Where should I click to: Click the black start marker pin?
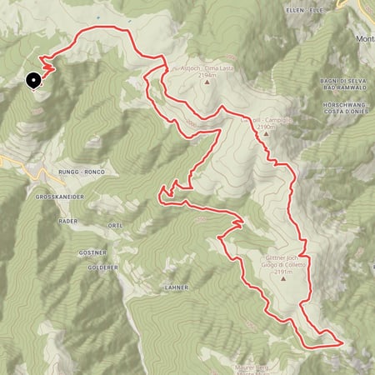pos(34,81)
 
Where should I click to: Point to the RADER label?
pos(67,222)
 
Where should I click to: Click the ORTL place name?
pos(115,226)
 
